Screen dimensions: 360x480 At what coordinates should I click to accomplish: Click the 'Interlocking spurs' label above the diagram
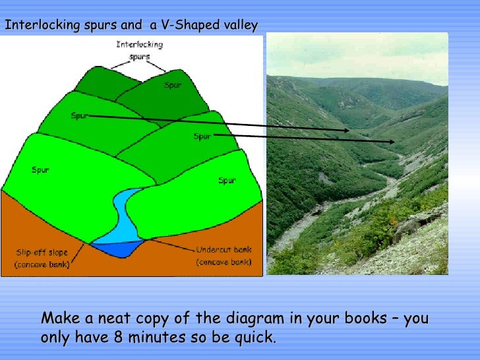(x=139, y=51)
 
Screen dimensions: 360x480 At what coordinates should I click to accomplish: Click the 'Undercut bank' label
(x=224, y=251)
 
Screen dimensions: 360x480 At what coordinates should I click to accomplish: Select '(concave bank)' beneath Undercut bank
(x=224, y=262)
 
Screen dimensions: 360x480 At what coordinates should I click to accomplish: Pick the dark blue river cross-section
(x=115, y=249)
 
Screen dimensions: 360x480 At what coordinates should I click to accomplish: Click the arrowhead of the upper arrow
(x=347, y=131)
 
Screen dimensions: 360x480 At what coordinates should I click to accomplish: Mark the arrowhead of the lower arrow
(x=393, y=142)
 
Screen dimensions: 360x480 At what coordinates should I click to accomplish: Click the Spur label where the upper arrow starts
(x=79, y=116)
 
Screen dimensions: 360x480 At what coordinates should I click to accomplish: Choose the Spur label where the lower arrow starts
(x=202, y=136)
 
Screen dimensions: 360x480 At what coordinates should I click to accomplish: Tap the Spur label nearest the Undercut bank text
(x=226, y=180)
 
